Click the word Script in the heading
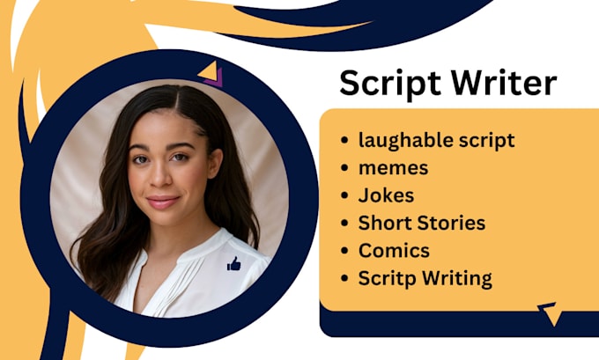[x=384, y=84]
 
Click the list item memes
[x=393, y=168]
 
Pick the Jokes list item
[x=386, y=195]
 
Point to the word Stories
[x=450, y=224]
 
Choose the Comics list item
[x=394, y=251]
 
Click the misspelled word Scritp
[x=385, y=279]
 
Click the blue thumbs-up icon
[x=233, y=263]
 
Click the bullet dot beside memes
[x=344, y=168]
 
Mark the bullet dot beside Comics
[x=344, y=251]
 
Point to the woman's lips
[x=163, y=201]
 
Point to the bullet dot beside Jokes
[x=344, y=195]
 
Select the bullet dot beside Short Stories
[x=344, y=224]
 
